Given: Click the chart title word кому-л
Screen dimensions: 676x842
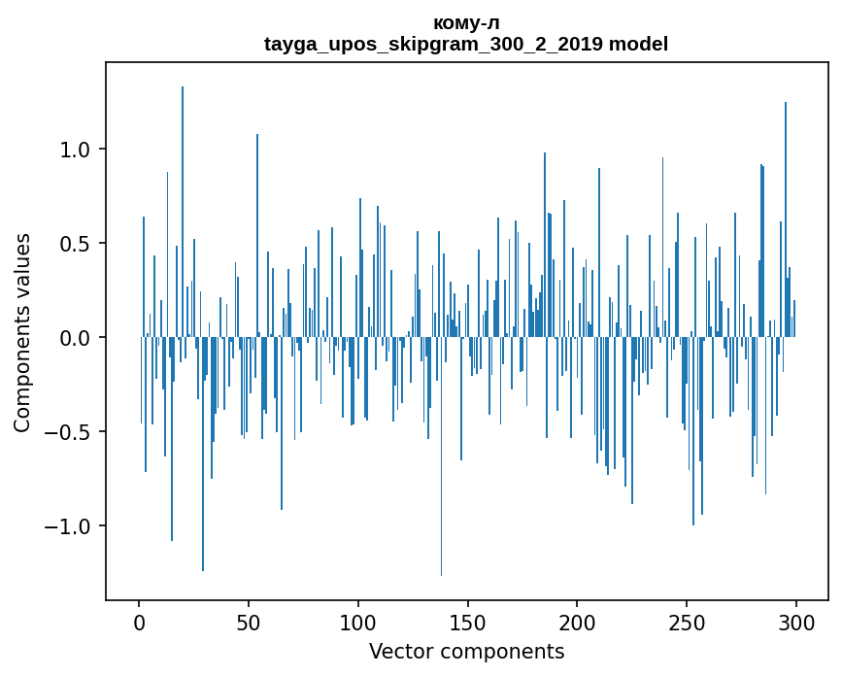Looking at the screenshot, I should point(466,22).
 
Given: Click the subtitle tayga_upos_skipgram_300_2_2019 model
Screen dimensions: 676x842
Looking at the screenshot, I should point(466,44).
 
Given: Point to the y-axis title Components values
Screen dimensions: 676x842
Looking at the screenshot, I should point(22,333).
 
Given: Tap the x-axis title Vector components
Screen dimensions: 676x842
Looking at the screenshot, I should point(466,651).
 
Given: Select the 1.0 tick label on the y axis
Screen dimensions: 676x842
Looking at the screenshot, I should point(76,150).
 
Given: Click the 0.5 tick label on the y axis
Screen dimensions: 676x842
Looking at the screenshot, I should point(76,244).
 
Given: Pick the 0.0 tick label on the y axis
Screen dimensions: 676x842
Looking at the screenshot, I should point(76,338).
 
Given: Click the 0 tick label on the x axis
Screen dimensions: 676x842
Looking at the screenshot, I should point(139,622).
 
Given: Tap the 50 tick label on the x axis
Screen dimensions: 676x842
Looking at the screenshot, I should point(249,622).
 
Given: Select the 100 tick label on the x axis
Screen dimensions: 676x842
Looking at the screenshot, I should point(358,622).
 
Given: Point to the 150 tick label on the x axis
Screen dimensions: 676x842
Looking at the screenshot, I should point(467,622).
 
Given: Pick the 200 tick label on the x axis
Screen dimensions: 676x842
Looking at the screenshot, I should point(577,622).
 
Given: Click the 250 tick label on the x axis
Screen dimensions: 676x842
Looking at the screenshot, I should point(687,622).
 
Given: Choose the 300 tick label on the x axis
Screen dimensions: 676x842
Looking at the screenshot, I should point(796,622).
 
